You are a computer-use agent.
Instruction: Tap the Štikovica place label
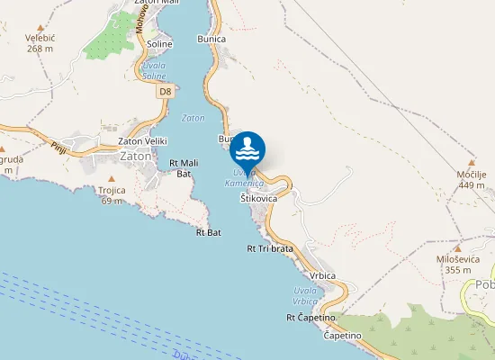pos(258,197)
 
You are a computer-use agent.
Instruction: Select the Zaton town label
pos(135,156)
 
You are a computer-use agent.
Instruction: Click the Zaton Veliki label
pos(143,141)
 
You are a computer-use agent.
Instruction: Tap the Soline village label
pos(159,43)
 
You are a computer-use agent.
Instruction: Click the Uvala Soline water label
pos(154,70)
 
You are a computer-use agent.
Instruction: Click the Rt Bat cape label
pos(208,232)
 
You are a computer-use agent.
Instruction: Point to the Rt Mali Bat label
pos(184,167)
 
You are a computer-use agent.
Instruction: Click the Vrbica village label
pos(321,275)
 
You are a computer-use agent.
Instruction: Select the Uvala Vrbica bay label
pos(305,295)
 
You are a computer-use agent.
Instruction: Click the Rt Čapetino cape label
pos(310,317)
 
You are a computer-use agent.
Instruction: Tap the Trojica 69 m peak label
pos(112,195)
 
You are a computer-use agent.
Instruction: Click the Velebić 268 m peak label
pos(41,43)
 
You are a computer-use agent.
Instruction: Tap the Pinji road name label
pos(58,148)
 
